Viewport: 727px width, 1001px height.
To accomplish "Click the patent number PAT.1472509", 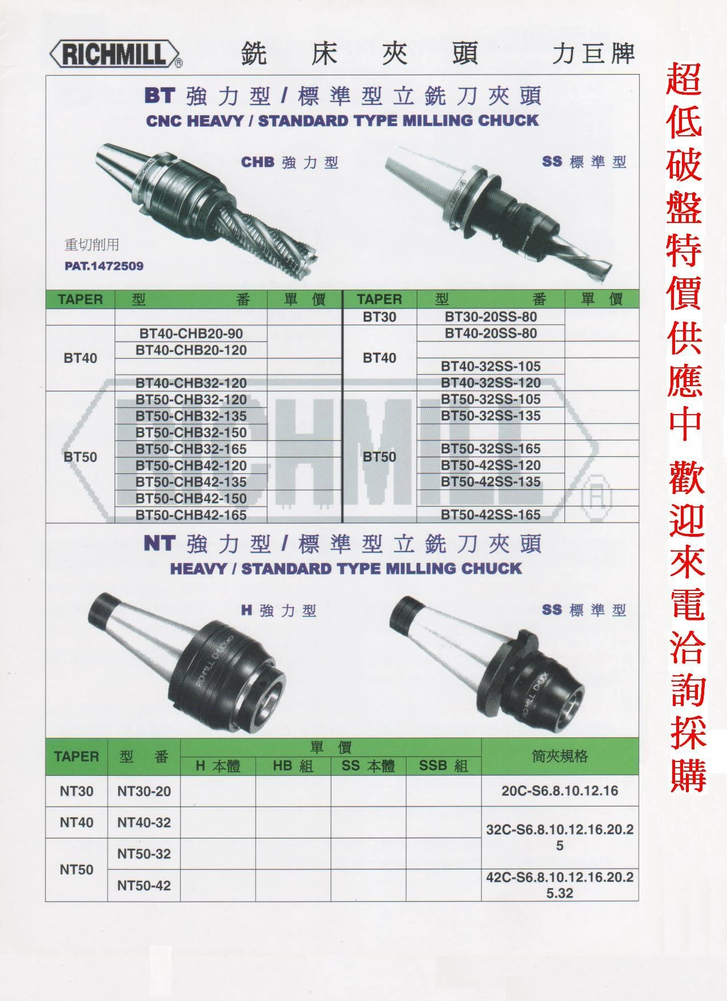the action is click(x=104, y=266).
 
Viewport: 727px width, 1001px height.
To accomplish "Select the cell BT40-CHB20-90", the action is click(x=191, y=333).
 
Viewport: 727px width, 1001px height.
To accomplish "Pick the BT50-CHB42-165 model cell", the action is click(x=191, y=515).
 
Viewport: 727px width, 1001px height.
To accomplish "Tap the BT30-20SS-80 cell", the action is click(x=490, y=317).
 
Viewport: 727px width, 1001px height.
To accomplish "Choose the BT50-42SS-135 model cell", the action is click(x=490, y=482).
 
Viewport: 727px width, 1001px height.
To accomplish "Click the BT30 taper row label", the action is click(x=379, y=317).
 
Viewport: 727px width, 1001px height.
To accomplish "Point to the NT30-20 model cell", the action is click(x=144, y=791).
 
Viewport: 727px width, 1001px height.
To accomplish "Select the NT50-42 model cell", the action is click(x=144, y=885).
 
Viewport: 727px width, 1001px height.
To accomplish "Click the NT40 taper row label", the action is click(x=76, y=822).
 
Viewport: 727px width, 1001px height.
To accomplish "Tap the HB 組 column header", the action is click(x=293, y=766).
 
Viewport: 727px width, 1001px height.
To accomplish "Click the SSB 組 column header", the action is click(x=444, y=766).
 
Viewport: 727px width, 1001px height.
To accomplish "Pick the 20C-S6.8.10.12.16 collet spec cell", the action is click(x=559, y=791).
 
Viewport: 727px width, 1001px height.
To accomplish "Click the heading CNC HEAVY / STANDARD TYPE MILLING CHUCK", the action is click(x=342, y=120).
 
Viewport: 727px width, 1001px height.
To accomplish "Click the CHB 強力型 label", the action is click(x=290, y=163).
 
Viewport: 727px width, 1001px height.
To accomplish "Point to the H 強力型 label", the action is click(x=278, y=611).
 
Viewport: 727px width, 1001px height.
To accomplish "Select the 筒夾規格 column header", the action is click(x=559, y=756).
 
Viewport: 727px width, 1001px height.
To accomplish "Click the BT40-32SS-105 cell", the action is click(x=490, y=366).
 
